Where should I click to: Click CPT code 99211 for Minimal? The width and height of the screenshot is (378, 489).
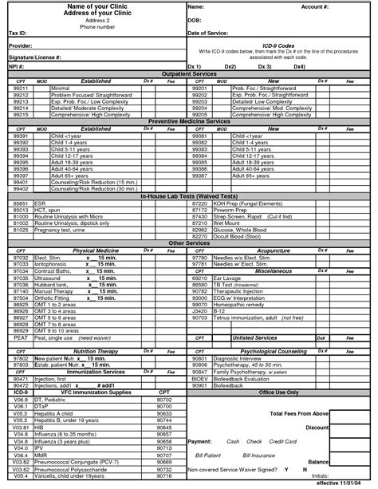[22, 88]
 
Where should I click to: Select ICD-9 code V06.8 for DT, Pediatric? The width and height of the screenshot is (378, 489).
[22, 400]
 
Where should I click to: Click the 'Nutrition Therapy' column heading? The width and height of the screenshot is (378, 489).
[96, 351]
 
